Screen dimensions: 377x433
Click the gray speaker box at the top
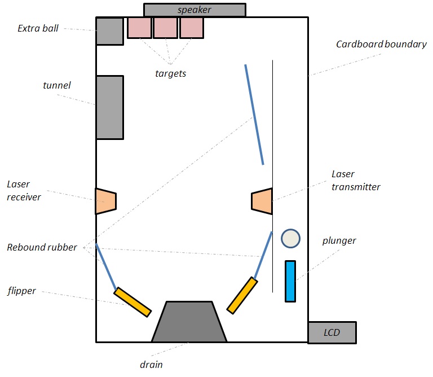(195, 10)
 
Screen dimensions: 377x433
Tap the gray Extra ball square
(109, 31)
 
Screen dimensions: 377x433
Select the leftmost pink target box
(139, 28)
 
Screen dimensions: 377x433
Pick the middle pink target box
(165, 28)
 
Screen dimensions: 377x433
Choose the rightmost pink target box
(192, 28)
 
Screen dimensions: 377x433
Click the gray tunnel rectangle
(109, 107)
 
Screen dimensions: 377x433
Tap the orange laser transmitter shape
(262, 201)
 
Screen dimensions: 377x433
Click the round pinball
(290, 238)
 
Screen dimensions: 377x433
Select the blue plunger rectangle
(290, 280)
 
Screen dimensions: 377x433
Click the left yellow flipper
(133, 302)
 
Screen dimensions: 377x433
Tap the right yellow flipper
(242, 295)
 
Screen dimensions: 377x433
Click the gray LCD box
(332, 332)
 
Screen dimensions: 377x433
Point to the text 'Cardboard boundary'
(381, 44)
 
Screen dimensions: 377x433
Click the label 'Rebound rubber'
(42, 247)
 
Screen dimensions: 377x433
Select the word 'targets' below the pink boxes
(170, 73)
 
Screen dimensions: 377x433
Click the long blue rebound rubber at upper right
(254, 115)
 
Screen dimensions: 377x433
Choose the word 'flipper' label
(22, 291)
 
